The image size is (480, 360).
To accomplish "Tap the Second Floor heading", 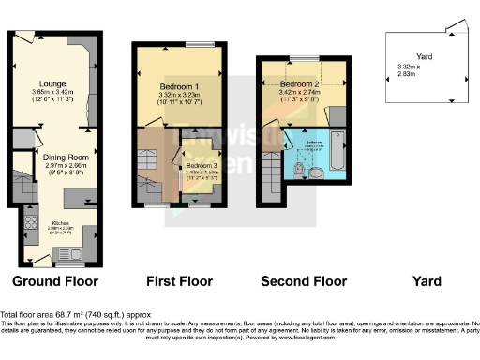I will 304,281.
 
